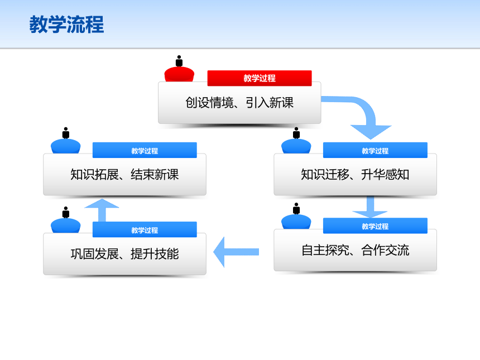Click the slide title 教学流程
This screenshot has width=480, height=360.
pyautogui.click(x=66, y=25)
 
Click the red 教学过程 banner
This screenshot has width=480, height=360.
pyautogui.click(x=260, y=78)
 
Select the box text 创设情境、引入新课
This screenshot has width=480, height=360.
pyautogui.click(x=239, y=103)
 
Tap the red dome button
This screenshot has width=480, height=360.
pyautogui.click(x=179, y=74)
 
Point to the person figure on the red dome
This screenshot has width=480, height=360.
pyautogui.click(x=179, y=61)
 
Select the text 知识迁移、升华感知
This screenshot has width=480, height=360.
pyautogui.click(x=355, y=175)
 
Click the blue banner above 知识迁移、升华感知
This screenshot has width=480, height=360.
pyautogui.click(x=375, y=150)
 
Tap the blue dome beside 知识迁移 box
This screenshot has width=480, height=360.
pyautogui.click(x=296, y=146)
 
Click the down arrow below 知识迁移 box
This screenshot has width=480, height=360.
pyautogui.click(x=370, y=207)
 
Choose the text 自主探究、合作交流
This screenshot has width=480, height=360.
pyautogui.click(x=355, y=250)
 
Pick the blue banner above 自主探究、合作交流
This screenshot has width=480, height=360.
pyautogui.click(x=375, y=225)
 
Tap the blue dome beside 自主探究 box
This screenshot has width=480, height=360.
pyautogui.click(x=296, y=222)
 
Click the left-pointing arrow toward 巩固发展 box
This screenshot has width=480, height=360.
pyautogui.click(x=236, y=252)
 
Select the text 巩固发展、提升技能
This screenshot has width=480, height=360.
pyautogui.click(x=124, y=254)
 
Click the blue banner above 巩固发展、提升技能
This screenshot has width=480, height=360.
pyautogui.click(x=145, y=229)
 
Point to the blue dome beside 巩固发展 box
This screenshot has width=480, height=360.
pyautogui.click(x=65, y=225)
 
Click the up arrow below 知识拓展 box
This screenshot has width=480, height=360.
pyautogui.click(x=102, y=210)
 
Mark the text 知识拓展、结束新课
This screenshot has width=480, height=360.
pyautogui.click(x=124, y=175)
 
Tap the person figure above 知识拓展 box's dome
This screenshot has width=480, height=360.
pyautogui.click(x=65, y=133)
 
